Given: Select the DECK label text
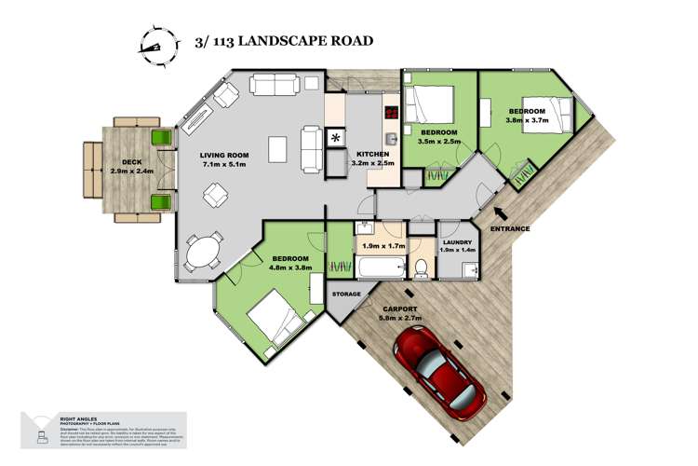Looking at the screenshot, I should tap(132, 163).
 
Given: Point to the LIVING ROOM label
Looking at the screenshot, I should tap(228, 156).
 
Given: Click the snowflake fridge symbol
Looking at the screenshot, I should tap(335, 140).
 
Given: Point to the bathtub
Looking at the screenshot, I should tap(379, 270).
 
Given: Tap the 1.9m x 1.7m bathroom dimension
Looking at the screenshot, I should tap(382, 247).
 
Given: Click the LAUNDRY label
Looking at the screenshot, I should tap(456, 241).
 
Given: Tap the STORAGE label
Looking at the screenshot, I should tap(346, 295).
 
